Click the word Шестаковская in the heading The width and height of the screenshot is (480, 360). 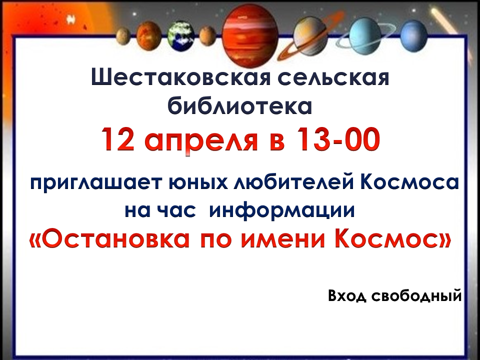pos(181,77)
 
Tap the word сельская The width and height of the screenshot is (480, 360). pos(333,77)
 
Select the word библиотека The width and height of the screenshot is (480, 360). pos(239,105)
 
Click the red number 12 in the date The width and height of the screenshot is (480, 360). pos(118,139)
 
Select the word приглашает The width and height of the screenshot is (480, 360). pos(95,183)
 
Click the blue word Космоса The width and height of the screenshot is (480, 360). pos(409,182)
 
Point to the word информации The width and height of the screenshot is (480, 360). pos(281,211)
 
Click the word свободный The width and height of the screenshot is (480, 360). pos(416,296)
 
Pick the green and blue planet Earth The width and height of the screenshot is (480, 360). pos(180,36)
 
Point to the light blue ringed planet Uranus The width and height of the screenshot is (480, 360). pos(364,36)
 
